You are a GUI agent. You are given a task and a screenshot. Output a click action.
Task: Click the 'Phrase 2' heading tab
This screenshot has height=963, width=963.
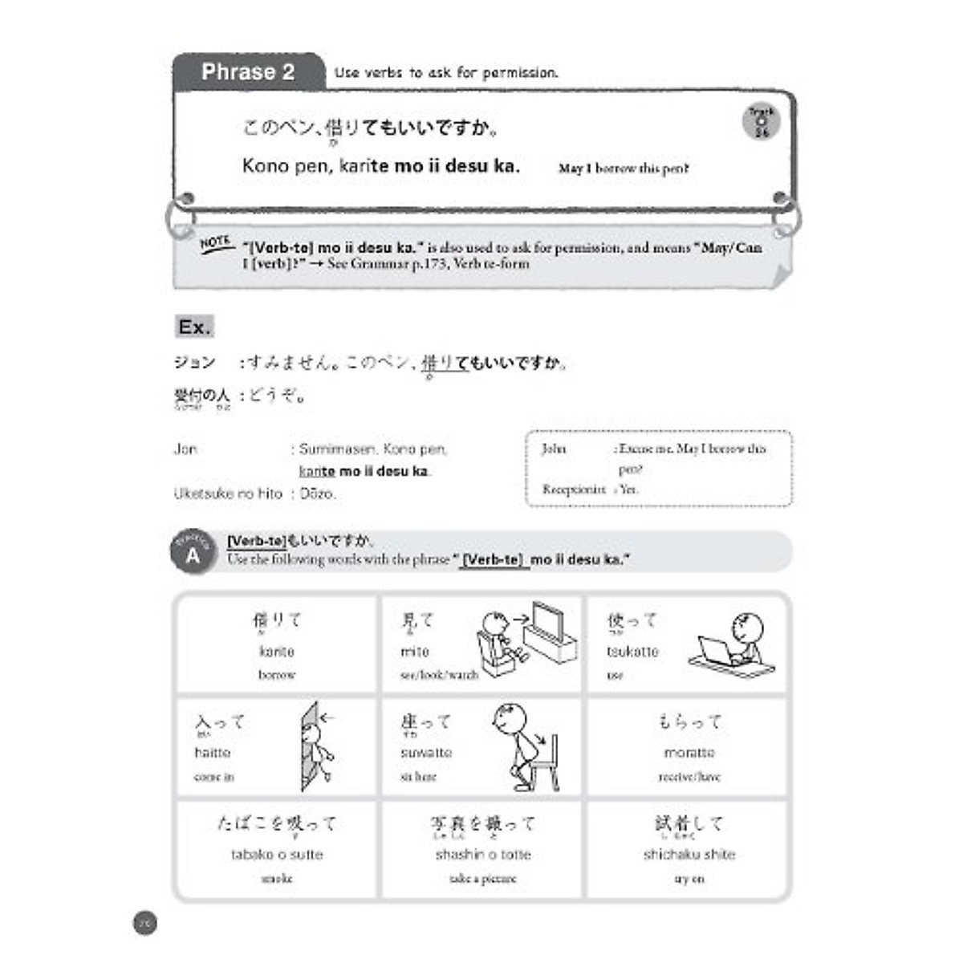248,72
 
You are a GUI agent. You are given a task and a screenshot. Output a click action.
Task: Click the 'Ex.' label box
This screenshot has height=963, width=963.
194,327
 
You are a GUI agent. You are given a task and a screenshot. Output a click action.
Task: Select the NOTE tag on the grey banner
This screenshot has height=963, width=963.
215,242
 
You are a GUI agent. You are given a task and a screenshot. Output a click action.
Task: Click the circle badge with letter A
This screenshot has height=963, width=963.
193,554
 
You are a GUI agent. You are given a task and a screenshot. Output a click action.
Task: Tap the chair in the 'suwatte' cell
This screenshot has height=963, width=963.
545,762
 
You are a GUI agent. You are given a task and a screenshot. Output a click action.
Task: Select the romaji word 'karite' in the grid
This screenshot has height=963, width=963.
277,652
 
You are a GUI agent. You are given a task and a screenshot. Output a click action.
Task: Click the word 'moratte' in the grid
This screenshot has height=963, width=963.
689,753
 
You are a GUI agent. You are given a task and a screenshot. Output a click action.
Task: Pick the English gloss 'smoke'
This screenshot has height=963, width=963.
277,879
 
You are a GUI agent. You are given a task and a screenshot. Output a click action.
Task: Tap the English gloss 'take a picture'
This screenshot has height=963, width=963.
483,879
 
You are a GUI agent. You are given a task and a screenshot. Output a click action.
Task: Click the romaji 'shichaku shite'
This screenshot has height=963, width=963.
689,855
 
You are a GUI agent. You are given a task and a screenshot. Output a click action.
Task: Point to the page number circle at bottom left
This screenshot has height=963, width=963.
144,924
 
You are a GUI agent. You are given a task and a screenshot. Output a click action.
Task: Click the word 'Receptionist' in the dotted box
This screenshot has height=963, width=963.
574,489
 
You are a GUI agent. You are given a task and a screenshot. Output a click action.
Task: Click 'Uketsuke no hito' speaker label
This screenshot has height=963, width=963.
228,494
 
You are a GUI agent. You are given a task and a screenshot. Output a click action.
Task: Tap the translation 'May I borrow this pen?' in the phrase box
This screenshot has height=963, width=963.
624,169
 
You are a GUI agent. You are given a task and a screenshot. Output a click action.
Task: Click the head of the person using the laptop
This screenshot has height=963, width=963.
746,627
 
